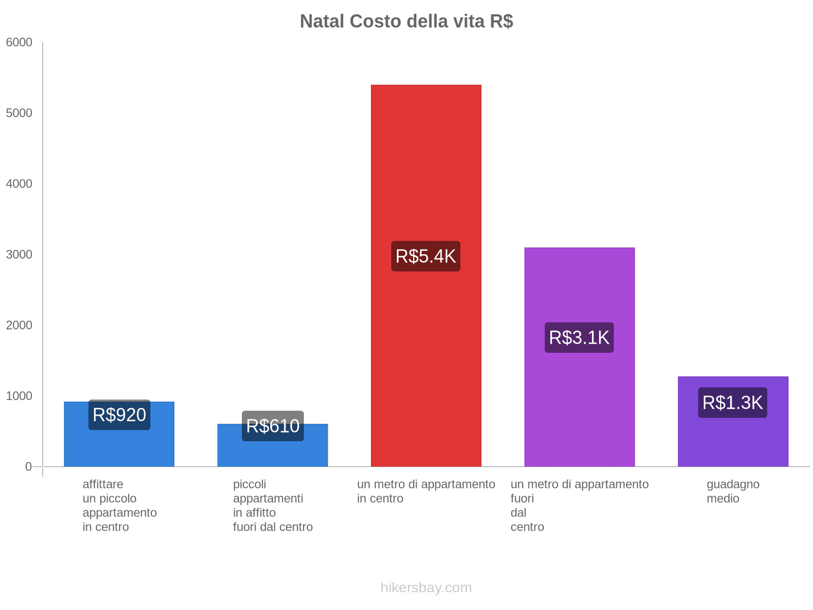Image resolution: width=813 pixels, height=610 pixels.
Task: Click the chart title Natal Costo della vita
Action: click(x=406, y=21)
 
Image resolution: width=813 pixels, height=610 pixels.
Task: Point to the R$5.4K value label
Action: click(x=426, y=256)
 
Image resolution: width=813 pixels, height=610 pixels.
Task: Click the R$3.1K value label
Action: click(x=579, y=338)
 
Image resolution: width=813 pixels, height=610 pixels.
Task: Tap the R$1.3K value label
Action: click(x=732, y=403)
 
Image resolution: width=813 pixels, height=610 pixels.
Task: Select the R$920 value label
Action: click(x=119, y=415)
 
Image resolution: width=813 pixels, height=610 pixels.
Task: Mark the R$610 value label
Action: click(x=273, y=426)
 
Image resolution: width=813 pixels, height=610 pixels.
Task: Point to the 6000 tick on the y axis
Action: click(x=19, y=43)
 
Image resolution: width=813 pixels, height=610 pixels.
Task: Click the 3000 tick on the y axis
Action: click(x=19, y=255)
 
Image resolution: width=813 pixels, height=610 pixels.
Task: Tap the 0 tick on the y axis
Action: click(x=28, y=467)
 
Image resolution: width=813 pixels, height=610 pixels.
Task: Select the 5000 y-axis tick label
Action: click(x=19, y=113)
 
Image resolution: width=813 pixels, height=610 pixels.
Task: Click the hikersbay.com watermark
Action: click(x=426, y=588)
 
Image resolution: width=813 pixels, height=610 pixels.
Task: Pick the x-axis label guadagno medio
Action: click(x=733, y=491)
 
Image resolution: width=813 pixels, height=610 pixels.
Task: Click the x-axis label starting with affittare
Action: click(x=119, y=505)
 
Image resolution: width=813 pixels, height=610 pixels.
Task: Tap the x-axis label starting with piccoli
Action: click(x=273, y=505)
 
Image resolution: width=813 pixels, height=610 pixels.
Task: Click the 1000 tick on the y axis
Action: click(x=19, y=396)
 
